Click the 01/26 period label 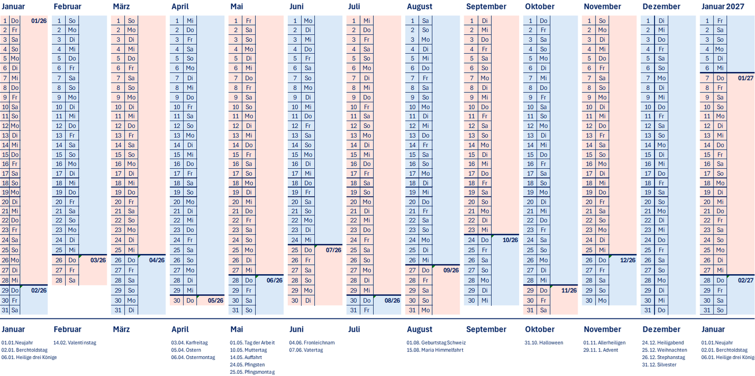coord(39,21)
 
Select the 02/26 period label coord(39,291)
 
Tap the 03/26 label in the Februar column coord(98,260)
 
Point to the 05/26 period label coord(216,301)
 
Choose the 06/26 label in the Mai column coord(275,280)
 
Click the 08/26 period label coord(392,301)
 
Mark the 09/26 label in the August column coord(451,270)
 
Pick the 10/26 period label coord(510,240)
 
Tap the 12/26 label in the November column coord(628,260)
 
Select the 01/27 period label coord(746,78)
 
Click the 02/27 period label coord(746,280)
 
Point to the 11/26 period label coord(569,291)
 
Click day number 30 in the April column coord(177,301)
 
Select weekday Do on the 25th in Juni coord(308,250)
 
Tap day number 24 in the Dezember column coord(648,240)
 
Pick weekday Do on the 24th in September coord(485,240)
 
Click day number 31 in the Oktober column coord(530,311)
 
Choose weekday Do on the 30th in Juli coord(367,301)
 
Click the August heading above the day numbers coord(419,7)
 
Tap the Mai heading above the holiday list coord(236,329)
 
